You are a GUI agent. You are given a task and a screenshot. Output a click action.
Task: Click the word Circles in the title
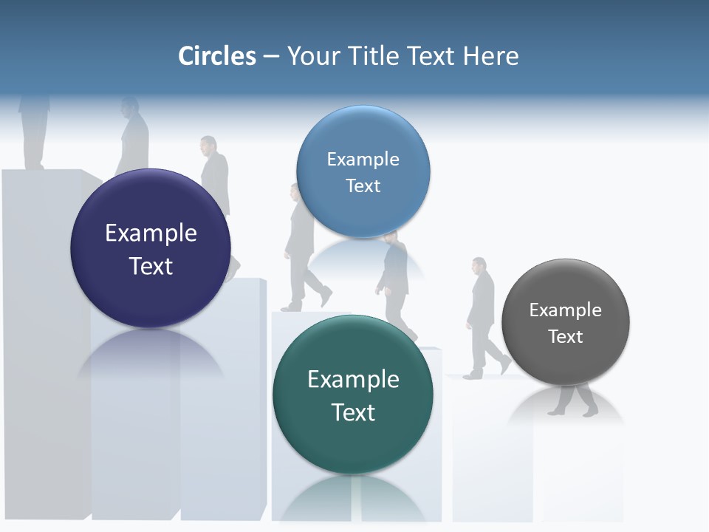(x=217, y=56)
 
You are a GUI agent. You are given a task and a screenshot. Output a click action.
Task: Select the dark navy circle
(x=151, y=248)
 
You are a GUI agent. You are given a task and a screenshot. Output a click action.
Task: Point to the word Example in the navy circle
(x=151, y=233)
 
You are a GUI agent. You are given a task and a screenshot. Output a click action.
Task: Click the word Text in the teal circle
(x=353, y=412)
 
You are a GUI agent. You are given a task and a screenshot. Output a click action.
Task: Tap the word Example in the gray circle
(x=565, y=310)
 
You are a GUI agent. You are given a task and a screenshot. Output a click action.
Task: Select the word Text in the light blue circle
(x=363, y=186)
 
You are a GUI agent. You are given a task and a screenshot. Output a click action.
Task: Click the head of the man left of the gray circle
(x=479, y=265)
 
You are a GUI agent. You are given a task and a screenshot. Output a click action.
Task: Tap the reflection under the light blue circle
(x=363, y=255)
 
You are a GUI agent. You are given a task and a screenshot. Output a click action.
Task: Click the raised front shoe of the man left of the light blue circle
(x=325, y=296)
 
